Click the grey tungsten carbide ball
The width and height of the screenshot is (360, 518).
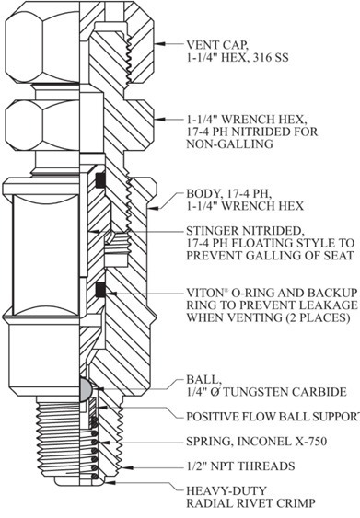click(x=85, y=389)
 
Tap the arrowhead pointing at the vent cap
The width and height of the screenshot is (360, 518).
click(x=160, y=43)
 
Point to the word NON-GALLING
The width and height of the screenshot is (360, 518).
click(x=230, y=144)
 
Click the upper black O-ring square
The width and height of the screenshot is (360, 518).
click(x=99, y=179)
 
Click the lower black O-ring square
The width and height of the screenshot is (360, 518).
click(x=99, y=290)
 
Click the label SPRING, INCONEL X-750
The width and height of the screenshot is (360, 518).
click(x=257, y=442)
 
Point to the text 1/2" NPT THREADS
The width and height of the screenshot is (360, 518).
click(x=240, y=466)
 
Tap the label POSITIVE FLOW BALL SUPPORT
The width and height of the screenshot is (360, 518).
click(x=273, y=417)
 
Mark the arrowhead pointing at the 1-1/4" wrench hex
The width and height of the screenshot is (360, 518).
click(x=160, y=119)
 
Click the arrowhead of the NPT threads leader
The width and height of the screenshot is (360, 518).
click(x=128, y=467)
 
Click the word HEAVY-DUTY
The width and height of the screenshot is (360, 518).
click(x=226, y=491)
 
